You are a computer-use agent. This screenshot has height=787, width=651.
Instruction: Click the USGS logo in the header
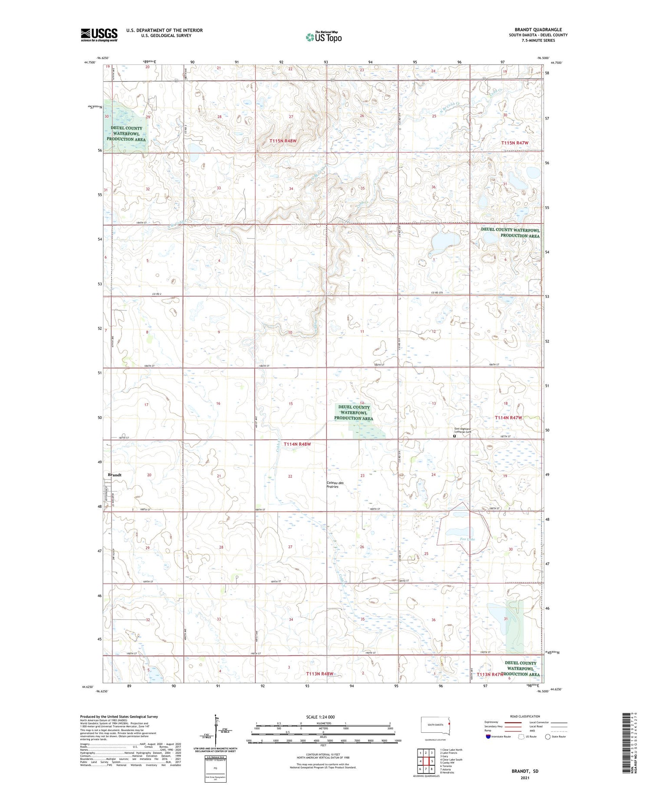99,35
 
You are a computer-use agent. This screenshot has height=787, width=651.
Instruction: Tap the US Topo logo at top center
323,37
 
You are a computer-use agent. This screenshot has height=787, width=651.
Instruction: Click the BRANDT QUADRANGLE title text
538,30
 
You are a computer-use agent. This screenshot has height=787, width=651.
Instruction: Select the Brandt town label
115,475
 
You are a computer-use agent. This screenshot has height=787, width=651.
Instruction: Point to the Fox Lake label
467,539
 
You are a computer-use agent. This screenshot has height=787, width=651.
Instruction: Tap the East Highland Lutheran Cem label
459,431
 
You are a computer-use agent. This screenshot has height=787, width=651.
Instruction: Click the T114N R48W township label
297,444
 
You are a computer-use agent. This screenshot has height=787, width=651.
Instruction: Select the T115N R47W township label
515,143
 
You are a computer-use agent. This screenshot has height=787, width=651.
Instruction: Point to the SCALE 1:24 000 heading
324,717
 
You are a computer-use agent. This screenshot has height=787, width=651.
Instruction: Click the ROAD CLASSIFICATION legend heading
525,716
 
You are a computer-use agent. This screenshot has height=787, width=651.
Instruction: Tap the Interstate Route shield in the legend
488,737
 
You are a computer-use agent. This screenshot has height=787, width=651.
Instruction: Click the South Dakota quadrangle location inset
436,725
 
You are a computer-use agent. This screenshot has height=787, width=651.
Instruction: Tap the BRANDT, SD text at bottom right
524,771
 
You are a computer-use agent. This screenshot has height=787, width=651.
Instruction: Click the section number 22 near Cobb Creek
290,476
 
